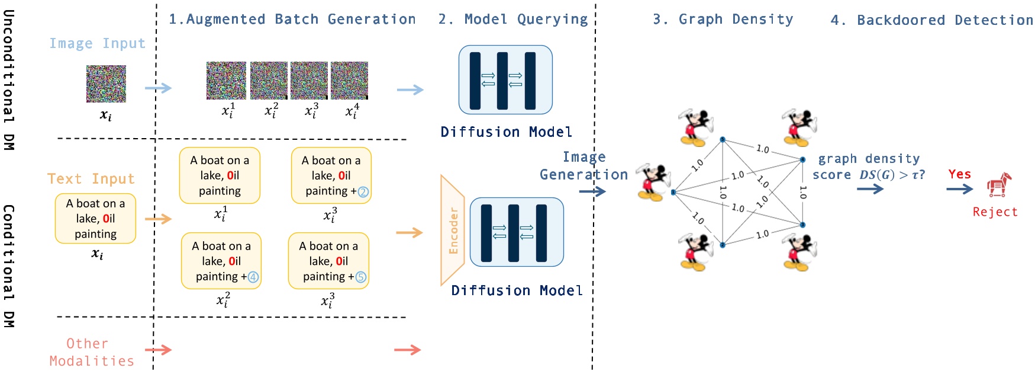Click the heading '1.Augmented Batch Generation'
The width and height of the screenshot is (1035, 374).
pos(292,20)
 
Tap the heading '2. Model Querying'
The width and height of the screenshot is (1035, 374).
pos(512,20)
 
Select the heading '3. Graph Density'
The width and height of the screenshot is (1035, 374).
pos(723,20)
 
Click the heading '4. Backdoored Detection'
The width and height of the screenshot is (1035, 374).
pos(931,20)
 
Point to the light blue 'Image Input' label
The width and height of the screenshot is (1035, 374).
pos(97,43)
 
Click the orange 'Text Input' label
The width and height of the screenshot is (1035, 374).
pos(91,179)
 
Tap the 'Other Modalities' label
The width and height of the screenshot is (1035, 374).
pos(91,352)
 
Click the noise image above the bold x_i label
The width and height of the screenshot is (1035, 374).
pos(106,84)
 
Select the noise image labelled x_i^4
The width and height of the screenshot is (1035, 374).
pos(349,80)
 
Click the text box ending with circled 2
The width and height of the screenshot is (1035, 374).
pos(331,175)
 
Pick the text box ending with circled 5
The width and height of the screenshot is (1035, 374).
pos(328,261)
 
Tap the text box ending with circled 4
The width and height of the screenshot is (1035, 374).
pos(221,261)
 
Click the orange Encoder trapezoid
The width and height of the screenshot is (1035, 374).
pos(453,231)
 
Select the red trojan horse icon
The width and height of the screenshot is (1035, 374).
pos(998,186)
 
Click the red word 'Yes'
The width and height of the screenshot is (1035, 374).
pos(959,174)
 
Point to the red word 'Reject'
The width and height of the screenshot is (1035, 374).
pos(995,212)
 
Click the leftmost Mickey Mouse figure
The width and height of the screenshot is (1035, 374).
pos(652,183)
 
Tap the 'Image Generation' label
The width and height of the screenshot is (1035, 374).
pos(583,166)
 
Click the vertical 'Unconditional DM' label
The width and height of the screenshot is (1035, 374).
pos(8,79)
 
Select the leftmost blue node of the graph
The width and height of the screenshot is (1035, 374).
pos(673,192)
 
